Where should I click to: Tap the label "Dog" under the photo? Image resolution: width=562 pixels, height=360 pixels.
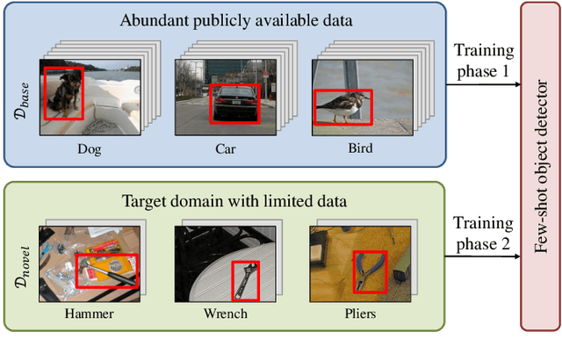[89, 148]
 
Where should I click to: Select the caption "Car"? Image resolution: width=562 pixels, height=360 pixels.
[226, 148]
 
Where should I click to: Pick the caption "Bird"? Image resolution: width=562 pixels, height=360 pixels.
[360, 148]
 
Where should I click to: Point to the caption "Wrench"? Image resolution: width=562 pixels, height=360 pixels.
[226, 313]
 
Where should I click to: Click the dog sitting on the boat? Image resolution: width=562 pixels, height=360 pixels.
[62, 93]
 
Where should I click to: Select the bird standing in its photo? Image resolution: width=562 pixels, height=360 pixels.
[342, 106]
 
